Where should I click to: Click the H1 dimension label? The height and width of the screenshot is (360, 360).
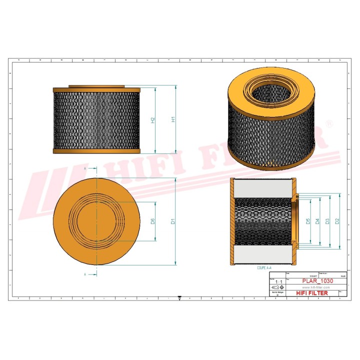[x=173, y=119]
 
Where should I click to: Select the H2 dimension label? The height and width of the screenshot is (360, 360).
[x=153, y=120]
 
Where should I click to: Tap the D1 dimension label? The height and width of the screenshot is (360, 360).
[x=173, y=220]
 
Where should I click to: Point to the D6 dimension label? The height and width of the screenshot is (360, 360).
[x=153, y=221]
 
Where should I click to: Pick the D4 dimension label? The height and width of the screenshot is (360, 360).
[x=318, y=221]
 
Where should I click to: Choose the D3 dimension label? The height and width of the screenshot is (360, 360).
[x=327, y=221]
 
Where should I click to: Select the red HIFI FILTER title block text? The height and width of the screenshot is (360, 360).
[x=312, y=293]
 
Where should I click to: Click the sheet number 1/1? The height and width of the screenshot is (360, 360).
[x=278, y=282]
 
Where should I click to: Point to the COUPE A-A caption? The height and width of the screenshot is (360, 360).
[x=264, y=268]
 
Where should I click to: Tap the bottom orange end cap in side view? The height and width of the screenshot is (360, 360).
[x=96, y=150]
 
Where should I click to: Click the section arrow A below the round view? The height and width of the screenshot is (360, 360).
[x=85, y=274]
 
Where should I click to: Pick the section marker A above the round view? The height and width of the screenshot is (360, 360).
[x=85, y=169]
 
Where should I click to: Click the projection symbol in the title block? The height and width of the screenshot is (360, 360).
[x=278, y=288]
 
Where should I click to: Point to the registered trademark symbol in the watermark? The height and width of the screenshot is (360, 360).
[x=328, y=123]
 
